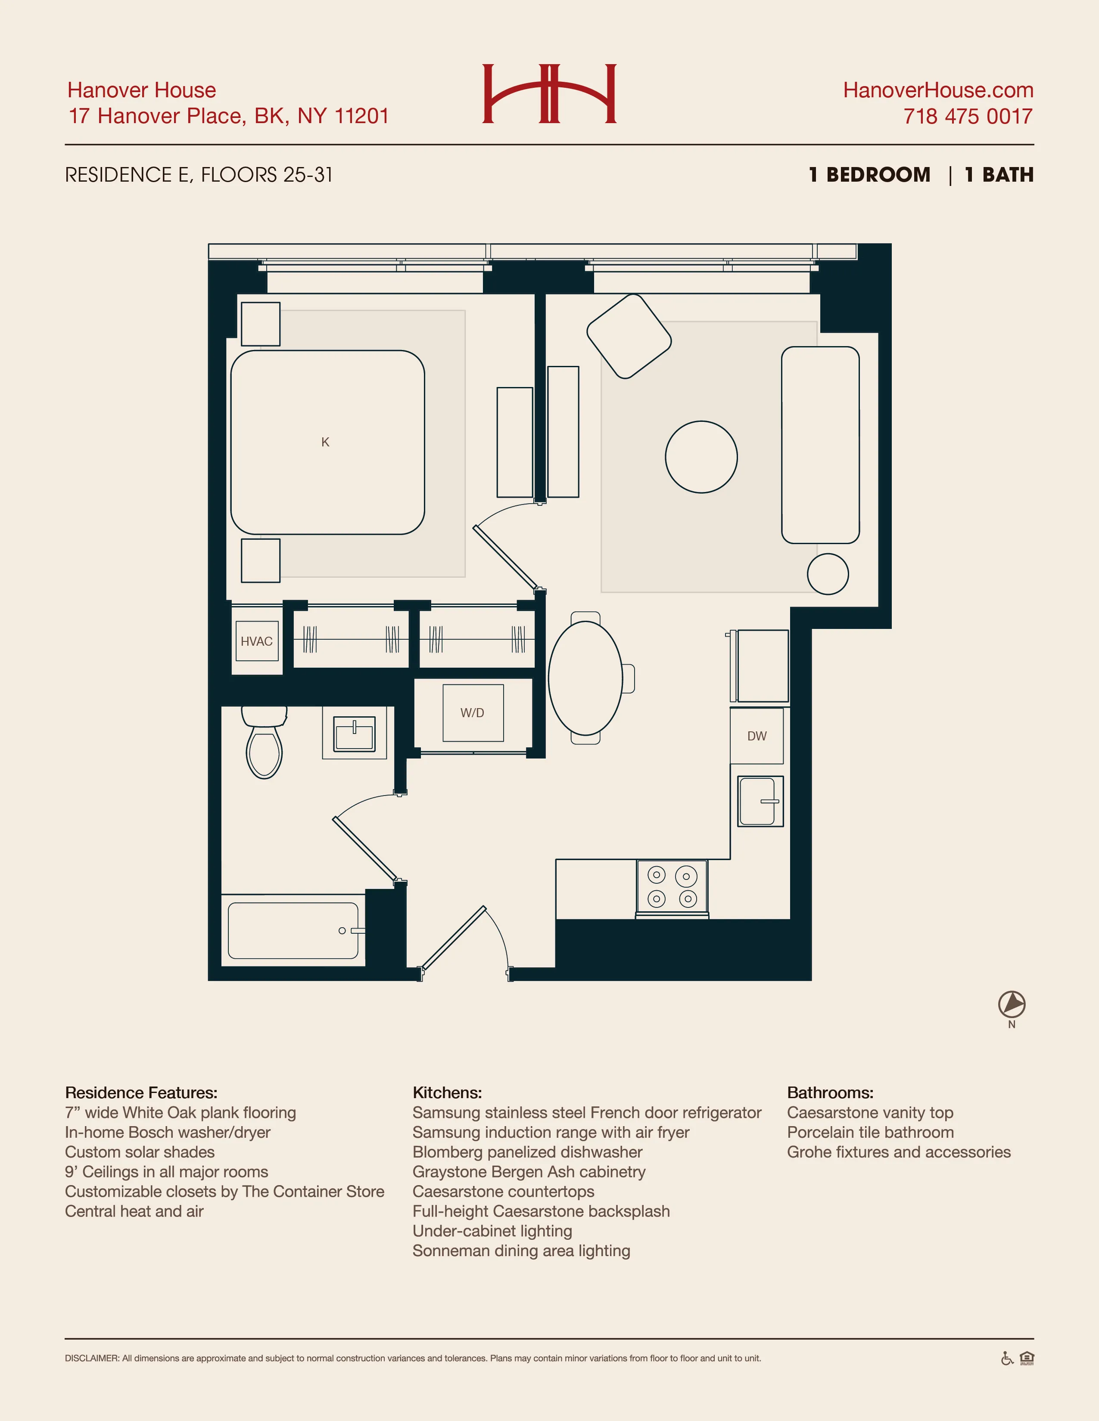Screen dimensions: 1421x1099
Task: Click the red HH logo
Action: [549, 94]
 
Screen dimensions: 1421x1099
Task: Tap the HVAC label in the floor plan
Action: [256, 641]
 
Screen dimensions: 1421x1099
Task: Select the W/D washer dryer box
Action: [473, 712]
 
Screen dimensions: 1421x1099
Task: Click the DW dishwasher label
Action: [757, 736]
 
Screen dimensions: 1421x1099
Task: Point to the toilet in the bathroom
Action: [264, 745]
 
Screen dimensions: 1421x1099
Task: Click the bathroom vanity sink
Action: [354, 734]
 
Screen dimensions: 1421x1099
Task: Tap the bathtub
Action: [293, 930]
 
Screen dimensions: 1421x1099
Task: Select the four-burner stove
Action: [671, 888]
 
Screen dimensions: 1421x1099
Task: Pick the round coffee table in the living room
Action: [701, 457]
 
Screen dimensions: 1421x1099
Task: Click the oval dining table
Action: [585, 678]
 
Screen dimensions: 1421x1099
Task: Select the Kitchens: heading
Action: [447, 1093]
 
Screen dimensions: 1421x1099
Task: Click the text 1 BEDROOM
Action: [869, 175]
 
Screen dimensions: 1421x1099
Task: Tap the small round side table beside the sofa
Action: [828, 574]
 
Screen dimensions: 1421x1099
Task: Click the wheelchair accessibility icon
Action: [1006, 1359]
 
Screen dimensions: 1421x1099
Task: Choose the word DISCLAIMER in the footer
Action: [92, 1359]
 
